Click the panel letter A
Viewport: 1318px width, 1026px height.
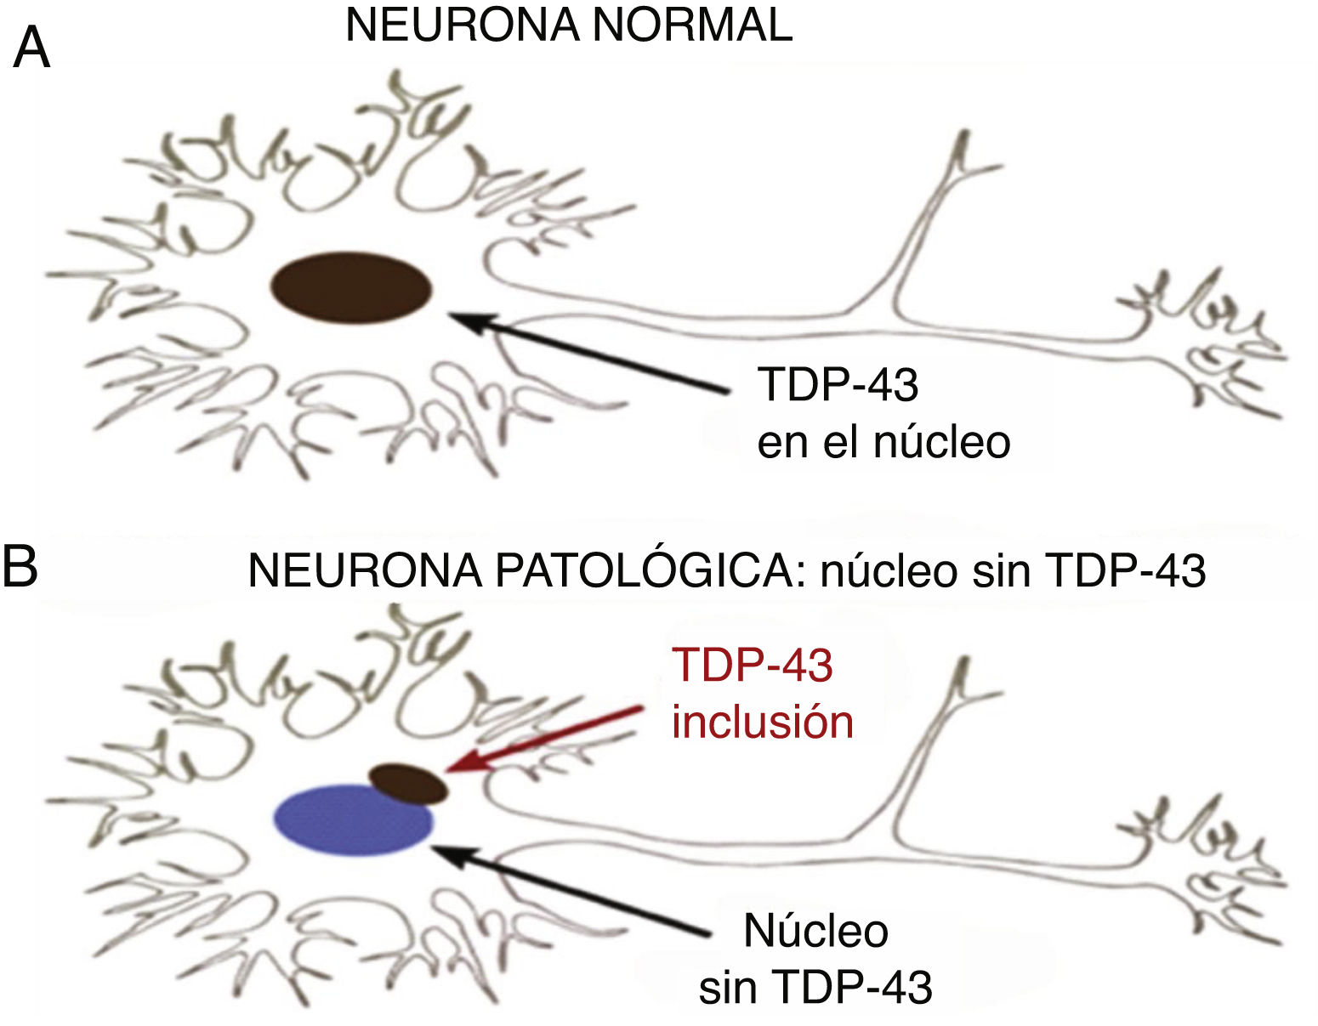tap(31, 48)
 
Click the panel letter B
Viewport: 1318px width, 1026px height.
tap(20, 566)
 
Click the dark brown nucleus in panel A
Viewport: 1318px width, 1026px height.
tap(351, 287)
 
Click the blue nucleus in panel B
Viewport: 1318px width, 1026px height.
tap(353, 820)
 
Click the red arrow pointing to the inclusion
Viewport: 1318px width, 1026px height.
tap(544, 739)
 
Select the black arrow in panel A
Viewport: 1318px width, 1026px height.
tap(587, 354)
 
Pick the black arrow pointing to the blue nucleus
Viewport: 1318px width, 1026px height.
tap(570, 890)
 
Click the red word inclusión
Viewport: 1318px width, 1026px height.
tap(763, 723)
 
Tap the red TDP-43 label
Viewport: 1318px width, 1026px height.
tap(752, 666)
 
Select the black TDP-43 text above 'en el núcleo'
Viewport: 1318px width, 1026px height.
tap(838, 385)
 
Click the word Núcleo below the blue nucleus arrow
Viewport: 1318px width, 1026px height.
tap(815, 931)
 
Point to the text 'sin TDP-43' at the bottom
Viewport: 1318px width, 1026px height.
tap(815, 987)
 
